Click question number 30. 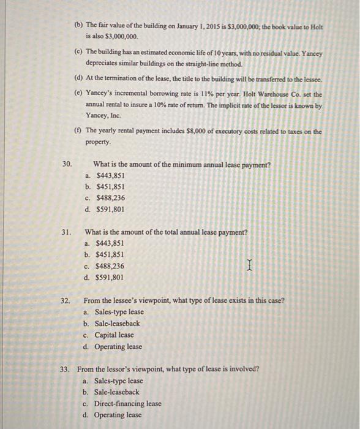[x=67, y=164]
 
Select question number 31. [x=67, y=233]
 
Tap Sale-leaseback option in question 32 [x=117, y=324]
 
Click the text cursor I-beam [x=249, y=265]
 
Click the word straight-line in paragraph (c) [x=195, y=64]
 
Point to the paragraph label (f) [x=78, y=131]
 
